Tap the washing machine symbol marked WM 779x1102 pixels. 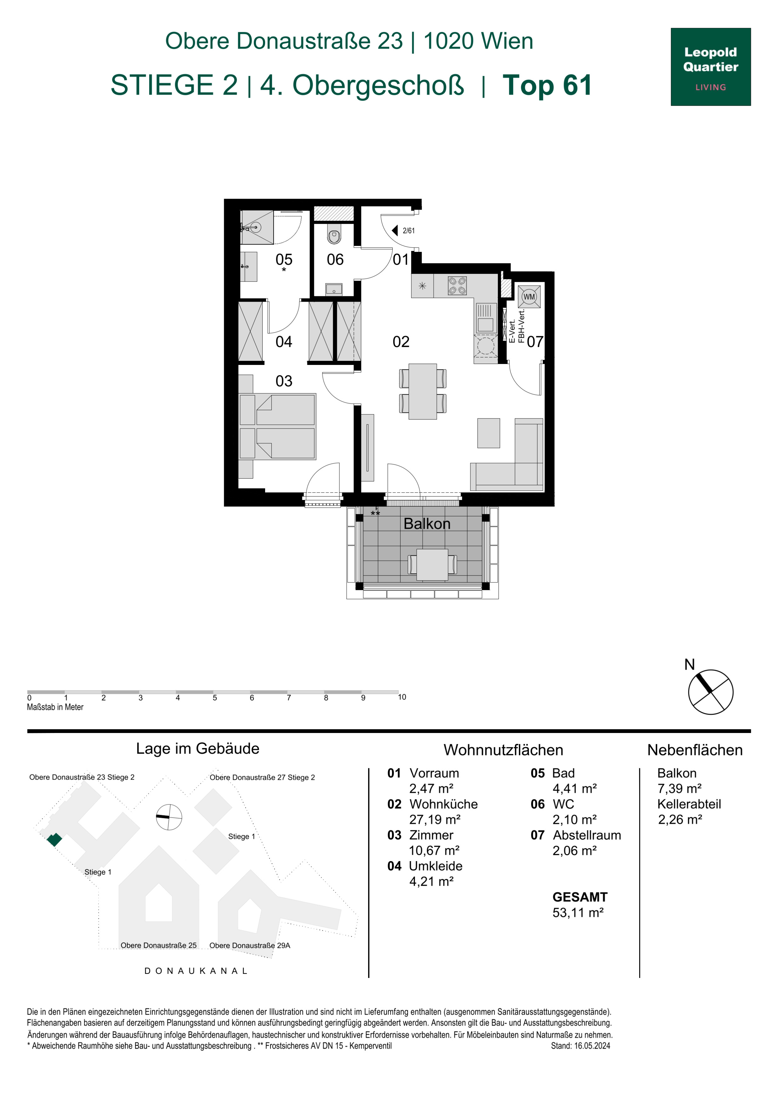point(529,297)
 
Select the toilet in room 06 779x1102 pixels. point(334,234)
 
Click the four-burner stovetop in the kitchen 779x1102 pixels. point(457,286)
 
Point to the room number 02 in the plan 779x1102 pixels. point(401,342)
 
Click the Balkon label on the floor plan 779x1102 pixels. point(427,524)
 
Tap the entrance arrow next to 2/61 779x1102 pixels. point(395,230)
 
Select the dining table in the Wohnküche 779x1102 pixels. point(422,391)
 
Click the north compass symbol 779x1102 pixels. point(710,692)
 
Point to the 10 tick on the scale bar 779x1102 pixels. point(402,697)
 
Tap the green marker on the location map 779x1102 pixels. point(54,839)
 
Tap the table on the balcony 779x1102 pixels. point(432,565)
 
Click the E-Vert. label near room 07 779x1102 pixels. point(512,331)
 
